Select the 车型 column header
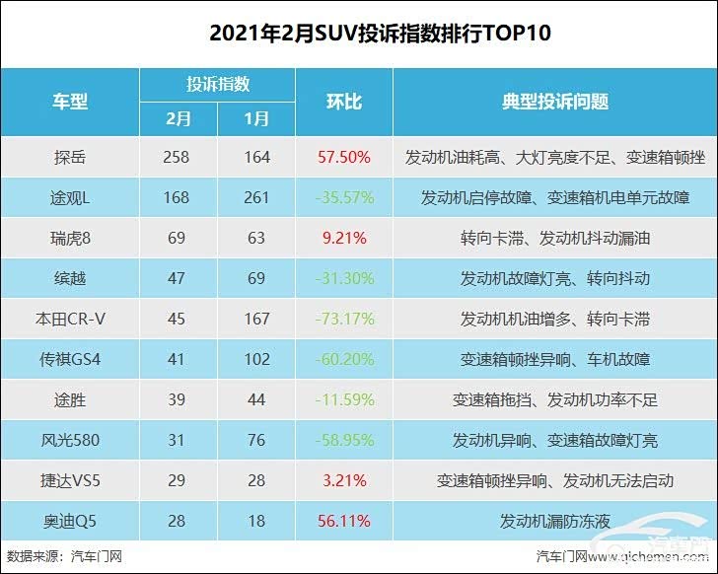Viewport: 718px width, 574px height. tap(70, 102)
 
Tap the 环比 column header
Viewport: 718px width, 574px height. tap(343, 102)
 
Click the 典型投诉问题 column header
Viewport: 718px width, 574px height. tap(554, 102)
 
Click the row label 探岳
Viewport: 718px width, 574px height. tap(70, 157)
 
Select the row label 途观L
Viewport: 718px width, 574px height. tap(70, 197)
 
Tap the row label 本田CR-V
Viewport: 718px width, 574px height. tap(70, 319)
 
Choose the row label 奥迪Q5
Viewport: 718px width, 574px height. tap(70, 521)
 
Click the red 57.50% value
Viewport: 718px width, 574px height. tap(343, 157)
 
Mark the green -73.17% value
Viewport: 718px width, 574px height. tap(343, 319)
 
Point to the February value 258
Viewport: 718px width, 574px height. tap(178, 157)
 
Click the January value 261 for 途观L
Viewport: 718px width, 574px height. tap(256, 197)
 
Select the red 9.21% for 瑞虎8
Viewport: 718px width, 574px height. tap(343, 238)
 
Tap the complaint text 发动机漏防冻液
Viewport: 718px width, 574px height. tap(554, 521)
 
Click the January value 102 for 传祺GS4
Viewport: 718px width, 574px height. tap(256, 359)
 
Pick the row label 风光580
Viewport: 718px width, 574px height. tap(70, 440)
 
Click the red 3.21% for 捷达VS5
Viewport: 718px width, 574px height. tap(343, 480)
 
